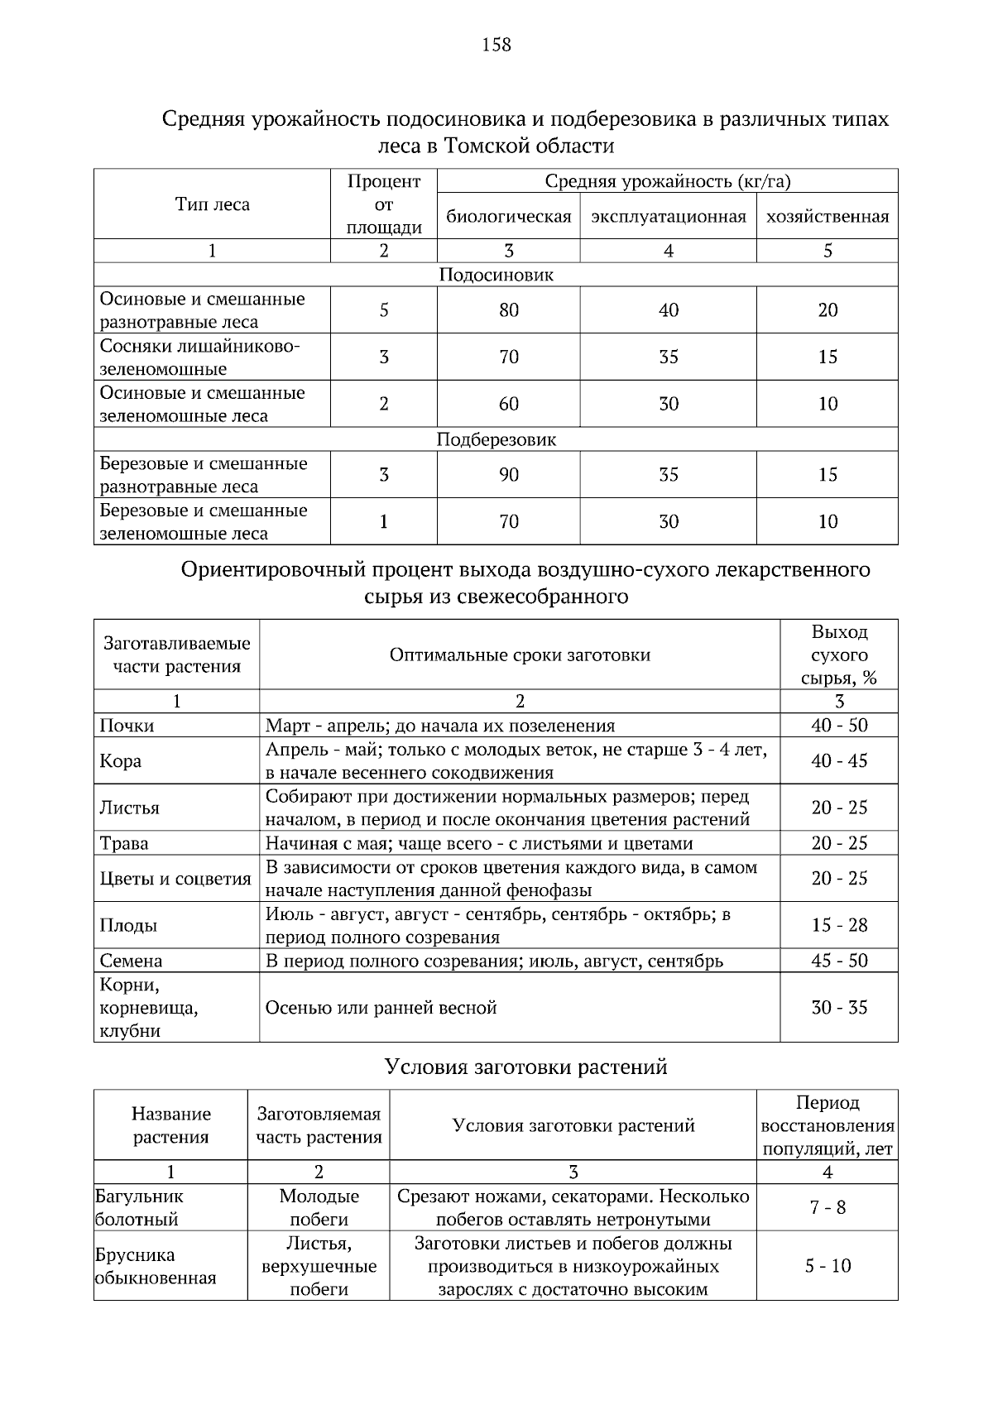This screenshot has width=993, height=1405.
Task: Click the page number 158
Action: click(x=496, y=45)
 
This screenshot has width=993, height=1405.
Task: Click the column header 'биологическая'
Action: click(x=508, y=217)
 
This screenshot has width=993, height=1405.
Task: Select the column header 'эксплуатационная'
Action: click(x=668, y=217)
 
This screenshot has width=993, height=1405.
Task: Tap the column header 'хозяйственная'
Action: click(x=827, y=217)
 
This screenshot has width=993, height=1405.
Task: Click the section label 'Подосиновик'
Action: click(x=496, y=275)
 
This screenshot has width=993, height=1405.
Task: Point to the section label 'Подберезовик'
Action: click(x=496, y=439)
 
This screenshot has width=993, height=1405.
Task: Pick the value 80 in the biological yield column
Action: click(x=508, y=310)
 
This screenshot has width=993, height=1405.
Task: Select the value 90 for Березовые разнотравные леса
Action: click(x=508, y=474)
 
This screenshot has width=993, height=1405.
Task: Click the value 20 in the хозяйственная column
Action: click(x=827, y=310)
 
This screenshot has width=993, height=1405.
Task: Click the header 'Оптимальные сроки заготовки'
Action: click(x=520, y=655)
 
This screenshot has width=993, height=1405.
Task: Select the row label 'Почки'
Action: click(x=127, y=726)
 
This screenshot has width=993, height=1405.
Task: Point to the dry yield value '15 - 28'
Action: click(x=838, y=925)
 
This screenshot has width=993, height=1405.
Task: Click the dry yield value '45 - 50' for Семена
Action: click(x=838, y=961)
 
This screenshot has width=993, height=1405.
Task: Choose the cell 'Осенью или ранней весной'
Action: click(x=381, y=1008)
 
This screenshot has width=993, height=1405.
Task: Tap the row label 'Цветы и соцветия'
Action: click(x=175, y=879)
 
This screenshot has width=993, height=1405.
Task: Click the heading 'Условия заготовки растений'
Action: click(x=525, y=1067)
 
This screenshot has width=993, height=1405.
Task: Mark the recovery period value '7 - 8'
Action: click(x=827, y=1207)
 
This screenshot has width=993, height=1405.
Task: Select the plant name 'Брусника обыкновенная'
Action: click(x=156, y=1266)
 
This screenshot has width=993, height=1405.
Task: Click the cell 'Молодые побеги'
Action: click(x=319, y=1207)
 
